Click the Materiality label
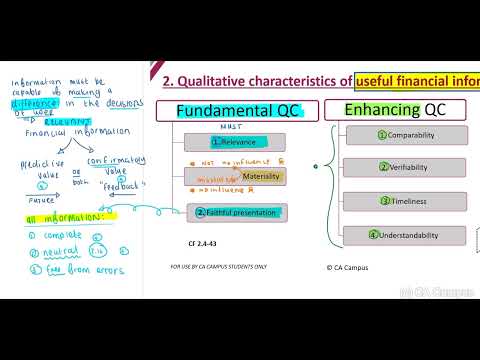(261, 176)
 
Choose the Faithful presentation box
(236, 212)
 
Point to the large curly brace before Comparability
(327, 182)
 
